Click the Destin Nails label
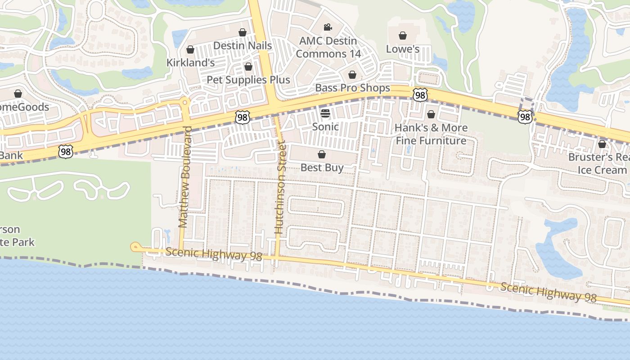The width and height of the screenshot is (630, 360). (x=243, y=45)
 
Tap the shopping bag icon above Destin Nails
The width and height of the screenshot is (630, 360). (x=243, y=32)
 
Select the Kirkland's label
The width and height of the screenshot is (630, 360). (x=190, y=63)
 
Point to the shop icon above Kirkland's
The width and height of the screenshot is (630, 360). (x=190, y=49)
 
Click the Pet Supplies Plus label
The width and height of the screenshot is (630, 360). (x=248, y=80)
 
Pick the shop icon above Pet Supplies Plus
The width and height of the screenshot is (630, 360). (x=248, y=67)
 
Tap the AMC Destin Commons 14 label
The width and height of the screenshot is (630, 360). (x=328, y=47)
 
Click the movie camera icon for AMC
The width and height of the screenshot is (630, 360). (x=328, y=27)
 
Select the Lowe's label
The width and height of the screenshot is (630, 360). (x=403, y=49)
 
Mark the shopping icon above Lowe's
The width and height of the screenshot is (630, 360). (x=403, y=36)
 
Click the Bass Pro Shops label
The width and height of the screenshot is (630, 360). (x=352, y=88)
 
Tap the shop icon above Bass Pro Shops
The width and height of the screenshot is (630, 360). (x=352, y=75)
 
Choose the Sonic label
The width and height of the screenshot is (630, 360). (x=325, y=126)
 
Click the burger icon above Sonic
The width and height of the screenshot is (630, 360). (x=325, y=113)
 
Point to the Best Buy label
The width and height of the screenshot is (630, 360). (x=322, y=168)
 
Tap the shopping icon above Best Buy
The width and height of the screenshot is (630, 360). (x=322, y=155)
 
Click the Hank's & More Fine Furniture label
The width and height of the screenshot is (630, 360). (x=431, y=134)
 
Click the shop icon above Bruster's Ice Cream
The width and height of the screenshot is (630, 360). (x=602, y=144)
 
